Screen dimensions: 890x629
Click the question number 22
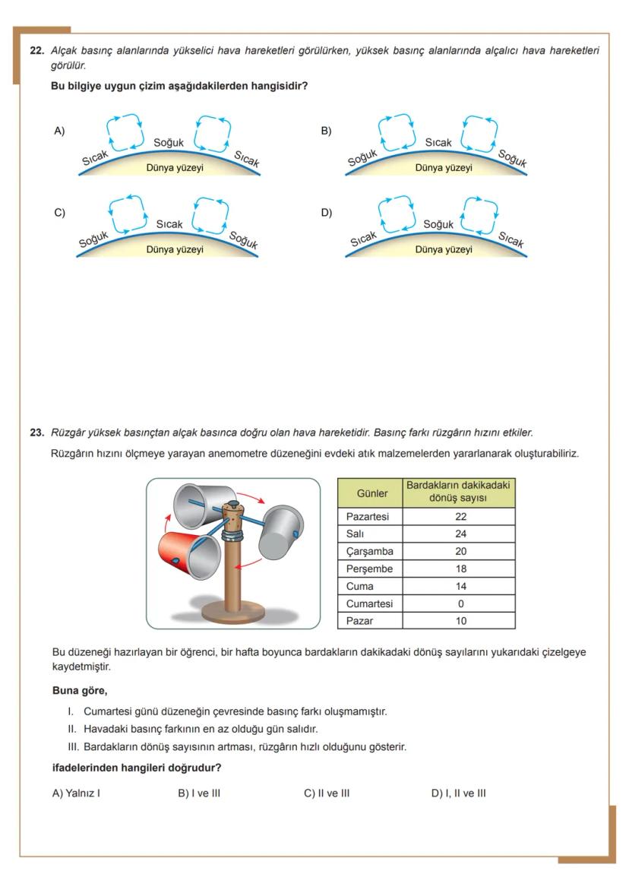point(36,51)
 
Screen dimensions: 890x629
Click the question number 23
point(36,432)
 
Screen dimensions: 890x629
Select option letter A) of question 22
point(59,131)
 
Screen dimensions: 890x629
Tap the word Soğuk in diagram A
point(169,143)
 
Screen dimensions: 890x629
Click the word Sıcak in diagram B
point(438,143)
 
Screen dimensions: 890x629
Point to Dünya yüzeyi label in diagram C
point(175,249)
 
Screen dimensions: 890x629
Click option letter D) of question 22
point(327,213)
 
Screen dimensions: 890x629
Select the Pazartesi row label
point(367,516)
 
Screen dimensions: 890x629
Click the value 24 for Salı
point(460,534)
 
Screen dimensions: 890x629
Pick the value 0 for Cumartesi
point(460,603)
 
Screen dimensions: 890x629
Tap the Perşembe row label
point(368,569)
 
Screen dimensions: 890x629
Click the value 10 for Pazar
point(460,621)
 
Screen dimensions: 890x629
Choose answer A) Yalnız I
point(76,793)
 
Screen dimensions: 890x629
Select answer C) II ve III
point(327,793)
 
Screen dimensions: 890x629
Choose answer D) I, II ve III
point(458,793)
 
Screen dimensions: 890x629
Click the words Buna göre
point(80,691)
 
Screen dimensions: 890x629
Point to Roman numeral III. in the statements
point(73,747)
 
